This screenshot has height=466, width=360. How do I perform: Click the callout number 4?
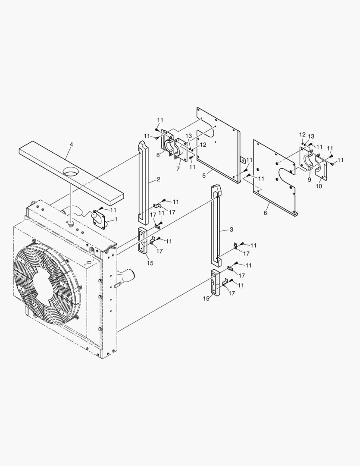click(71, 144)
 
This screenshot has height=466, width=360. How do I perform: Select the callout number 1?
click(116, 219)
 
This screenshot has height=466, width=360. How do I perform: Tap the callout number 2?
click(158, 179)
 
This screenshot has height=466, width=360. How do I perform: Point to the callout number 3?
click(231, 230)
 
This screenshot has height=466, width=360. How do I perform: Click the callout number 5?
click(204, 176)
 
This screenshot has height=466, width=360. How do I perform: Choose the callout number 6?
click(265, 213)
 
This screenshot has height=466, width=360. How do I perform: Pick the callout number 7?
click(178, 169)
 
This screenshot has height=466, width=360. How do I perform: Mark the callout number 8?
click(158, 155)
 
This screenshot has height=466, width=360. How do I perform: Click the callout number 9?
click(310, 179)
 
